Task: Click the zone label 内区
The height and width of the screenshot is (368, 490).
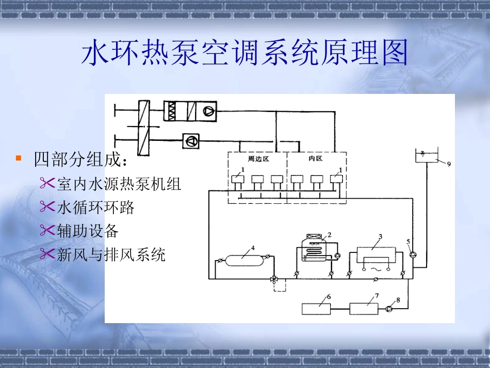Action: coord(315,159)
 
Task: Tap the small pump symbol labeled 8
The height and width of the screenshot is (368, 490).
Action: coord(389,309)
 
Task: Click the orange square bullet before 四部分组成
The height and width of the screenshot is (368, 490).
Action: coord(19,158)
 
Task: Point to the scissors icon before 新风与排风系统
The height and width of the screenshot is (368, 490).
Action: coord(47,253)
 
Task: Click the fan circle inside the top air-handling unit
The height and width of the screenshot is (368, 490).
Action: coord(209,110)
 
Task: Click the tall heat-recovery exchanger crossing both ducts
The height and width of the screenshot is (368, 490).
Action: coord(144,126)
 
